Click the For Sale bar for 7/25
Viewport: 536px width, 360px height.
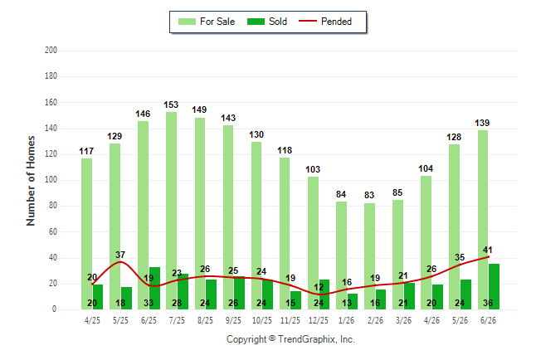pos(172,211)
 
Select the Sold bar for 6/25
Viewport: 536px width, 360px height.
pos(154,288)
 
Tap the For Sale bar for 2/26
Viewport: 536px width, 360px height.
pos(369,256)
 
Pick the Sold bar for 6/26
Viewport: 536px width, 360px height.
pos(494,286)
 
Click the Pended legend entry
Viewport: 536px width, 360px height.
pos(325,22)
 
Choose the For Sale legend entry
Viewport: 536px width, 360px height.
pos(207,22)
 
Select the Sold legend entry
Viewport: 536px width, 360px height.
pos(267,22)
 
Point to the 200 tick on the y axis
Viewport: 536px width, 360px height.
pos(51,51)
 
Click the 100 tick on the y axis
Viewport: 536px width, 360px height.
pos(51,180)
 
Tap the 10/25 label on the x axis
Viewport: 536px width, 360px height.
pos(262,320)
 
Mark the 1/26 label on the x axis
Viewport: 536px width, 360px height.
pos(347,320)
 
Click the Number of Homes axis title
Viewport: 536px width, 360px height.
pos(31,181)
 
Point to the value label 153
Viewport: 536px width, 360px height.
pos(171,105)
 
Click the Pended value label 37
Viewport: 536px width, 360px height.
pos(120,255)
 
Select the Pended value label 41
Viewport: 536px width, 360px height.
pos(487,250)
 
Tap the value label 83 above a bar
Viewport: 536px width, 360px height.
pos(369,195)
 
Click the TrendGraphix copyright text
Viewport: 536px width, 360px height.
pos(290,339)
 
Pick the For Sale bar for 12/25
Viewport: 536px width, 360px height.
pos(313,243)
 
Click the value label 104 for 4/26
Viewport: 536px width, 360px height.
pos(426,168)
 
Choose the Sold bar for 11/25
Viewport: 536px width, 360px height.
pos(295,300)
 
